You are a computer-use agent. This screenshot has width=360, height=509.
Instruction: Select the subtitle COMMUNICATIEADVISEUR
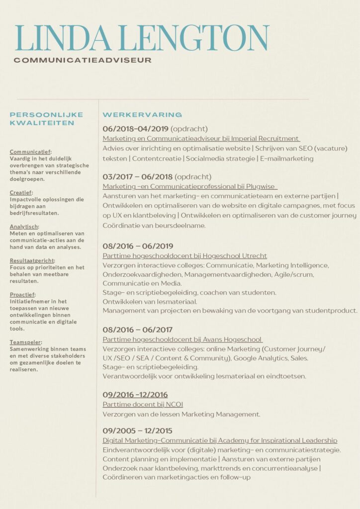[83, 60]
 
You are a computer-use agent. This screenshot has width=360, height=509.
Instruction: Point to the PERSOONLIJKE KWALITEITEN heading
[42, 119]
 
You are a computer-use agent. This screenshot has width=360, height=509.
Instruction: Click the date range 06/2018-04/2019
[136, 129]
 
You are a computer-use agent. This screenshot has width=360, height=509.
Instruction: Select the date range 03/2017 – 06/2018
[137, 176]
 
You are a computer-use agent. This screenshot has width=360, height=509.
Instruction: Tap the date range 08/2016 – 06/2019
[138, 246]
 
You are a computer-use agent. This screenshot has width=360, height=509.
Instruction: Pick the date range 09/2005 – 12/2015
[138, 430]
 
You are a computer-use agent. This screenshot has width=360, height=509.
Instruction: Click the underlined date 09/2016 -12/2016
[135, 395]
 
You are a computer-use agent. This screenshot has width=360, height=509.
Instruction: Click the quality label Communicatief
[30, 152]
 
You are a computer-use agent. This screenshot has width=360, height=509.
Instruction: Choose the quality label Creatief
[20, 192]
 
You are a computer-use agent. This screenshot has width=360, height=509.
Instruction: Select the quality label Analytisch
[24, 227]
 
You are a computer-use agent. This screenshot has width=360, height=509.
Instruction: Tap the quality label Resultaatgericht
[32, 260]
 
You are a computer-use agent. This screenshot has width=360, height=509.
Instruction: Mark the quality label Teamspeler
[25, 342]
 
